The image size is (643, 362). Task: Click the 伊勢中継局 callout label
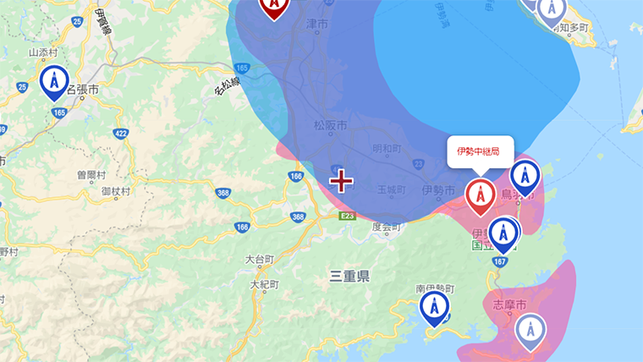[479, 152]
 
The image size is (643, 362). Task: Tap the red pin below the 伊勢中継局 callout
[481, 195]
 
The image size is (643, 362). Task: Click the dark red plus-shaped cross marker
[341, 180]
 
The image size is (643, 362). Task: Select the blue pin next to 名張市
[55, 82]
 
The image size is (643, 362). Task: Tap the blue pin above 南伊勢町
[435, 308]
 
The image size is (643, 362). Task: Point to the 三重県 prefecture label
[349, 276]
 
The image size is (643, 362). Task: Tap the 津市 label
[318, 26]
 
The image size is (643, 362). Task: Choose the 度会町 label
[386, 226]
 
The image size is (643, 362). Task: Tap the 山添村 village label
[41, 52]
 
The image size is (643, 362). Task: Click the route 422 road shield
[121, 132]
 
